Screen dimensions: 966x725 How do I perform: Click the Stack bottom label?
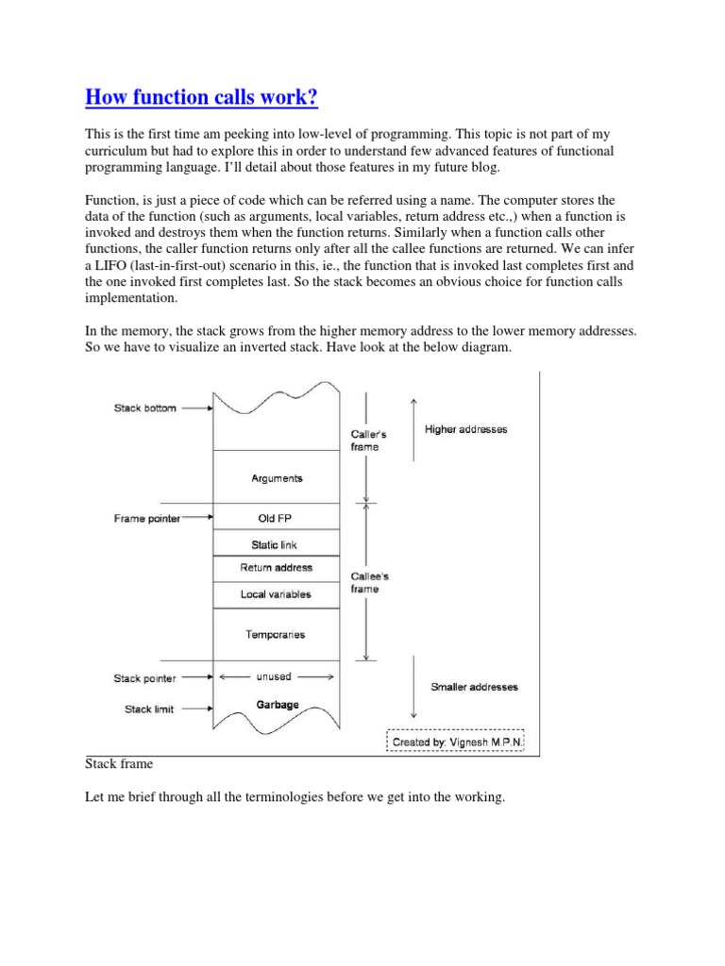144,408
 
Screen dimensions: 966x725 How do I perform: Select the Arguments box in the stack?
276,478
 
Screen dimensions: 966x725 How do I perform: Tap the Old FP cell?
276,518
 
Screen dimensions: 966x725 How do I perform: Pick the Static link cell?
276,543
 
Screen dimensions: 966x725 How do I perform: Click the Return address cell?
276,568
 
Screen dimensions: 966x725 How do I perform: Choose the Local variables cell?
276,594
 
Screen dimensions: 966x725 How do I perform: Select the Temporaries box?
276,635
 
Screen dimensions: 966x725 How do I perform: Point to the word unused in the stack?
275,676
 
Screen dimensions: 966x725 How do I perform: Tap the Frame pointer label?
146,518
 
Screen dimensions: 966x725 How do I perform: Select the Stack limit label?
149,709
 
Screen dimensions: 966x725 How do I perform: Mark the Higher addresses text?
465,429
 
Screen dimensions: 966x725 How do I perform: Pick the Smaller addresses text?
474,687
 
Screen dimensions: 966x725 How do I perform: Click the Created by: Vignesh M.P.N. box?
455,742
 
